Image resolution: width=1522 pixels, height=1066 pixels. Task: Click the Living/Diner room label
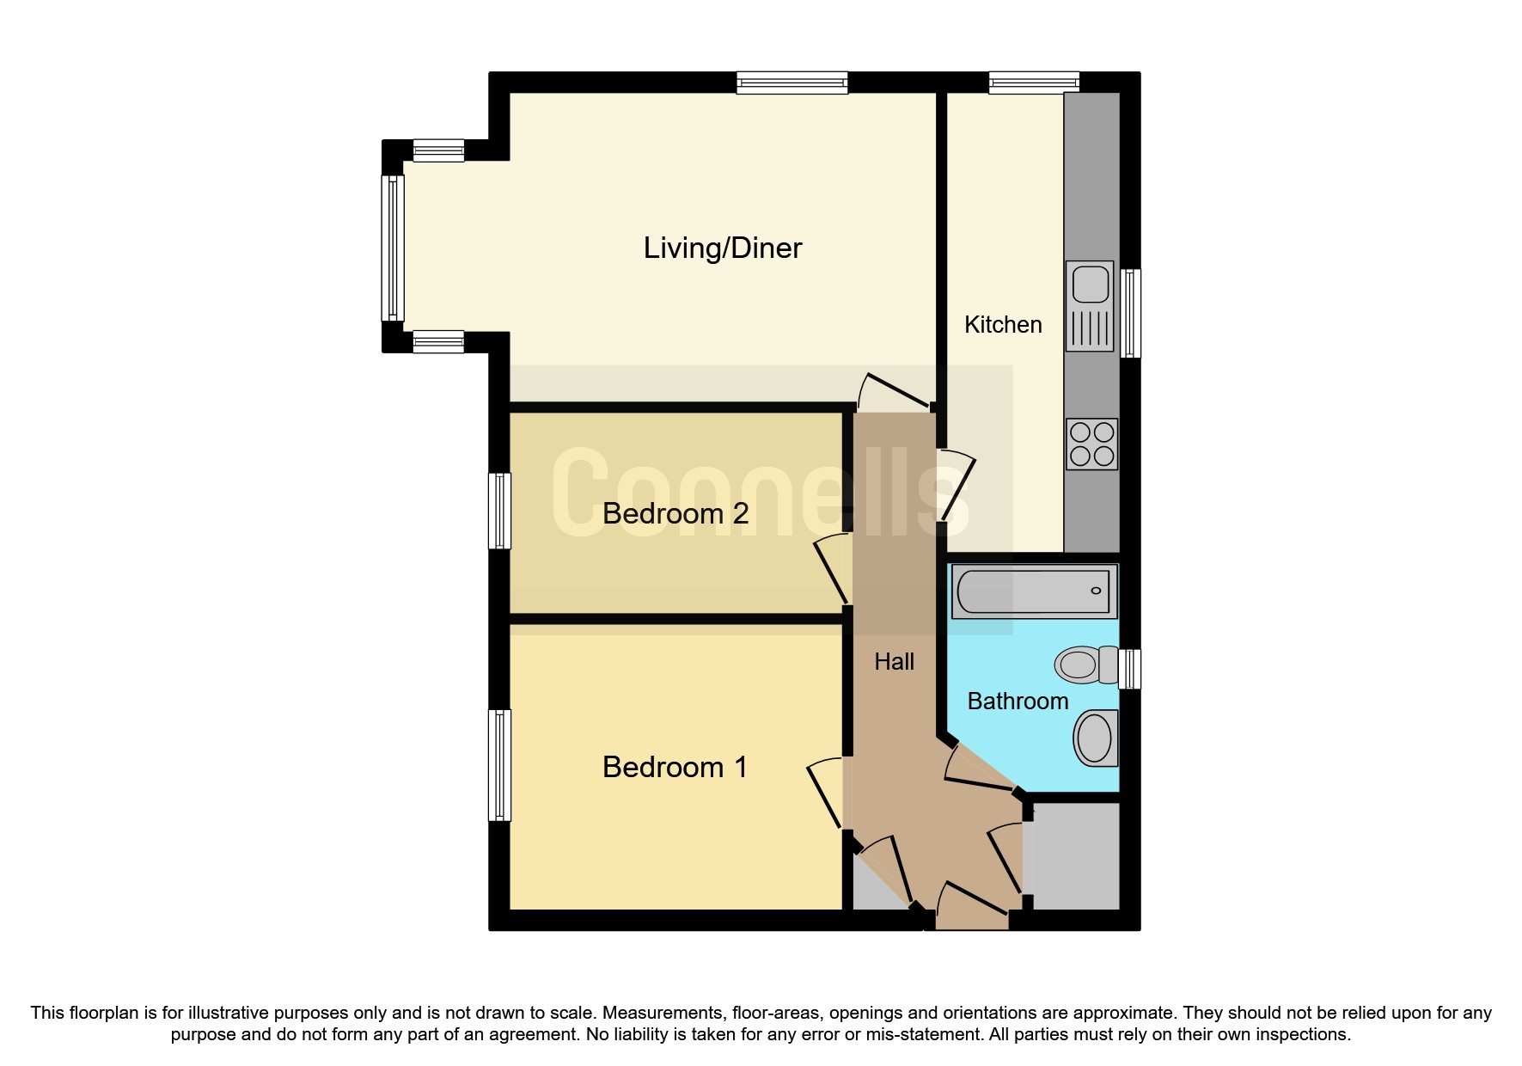723,248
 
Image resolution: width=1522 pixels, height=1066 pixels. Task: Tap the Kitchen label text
1003,324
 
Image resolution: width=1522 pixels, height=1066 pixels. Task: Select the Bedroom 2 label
675,513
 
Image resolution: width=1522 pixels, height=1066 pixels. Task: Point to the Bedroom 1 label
675,766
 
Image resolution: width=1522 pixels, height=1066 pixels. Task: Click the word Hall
894,661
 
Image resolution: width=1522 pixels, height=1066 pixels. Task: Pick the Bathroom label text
1018,701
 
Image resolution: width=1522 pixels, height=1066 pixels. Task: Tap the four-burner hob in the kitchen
1091,444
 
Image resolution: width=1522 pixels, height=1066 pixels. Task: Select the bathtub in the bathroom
1034,591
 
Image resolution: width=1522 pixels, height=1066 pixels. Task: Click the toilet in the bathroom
1087,665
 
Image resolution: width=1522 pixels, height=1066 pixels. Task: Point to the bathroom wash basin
1096,738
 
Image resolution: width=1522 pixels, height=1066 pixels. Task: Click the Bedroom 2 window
499,511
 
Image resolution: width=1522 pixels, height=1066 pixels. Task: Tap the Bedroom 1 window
499,764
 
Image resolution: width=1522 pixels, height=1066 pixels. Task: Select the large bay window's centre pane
393,248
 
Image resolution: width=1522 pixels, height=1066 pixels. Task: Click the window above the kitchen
1034,83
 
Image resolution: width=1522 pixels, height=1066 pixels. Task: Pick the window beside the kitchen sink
1131,313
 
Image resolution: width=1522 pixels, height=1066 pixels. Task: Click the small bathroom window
1131,669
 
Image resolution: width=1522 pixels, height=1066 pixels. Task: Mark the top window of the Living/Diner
792,83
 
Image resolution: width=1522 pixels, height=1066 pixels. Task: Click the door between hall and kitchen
958,486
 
